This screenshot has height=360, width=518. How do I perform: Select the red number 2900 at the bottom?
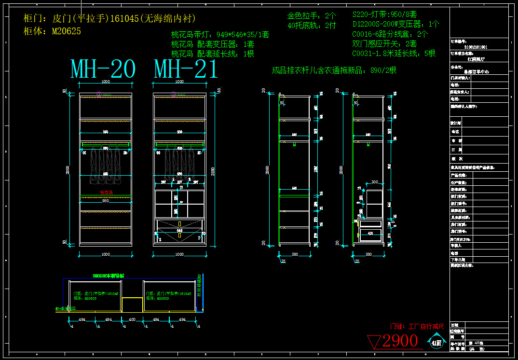[400, 341]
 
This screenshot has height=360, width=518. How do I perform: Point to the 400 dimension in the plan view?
[132, 319]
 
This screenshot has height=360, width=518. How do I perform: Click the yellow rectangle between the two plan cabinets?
[132, 305]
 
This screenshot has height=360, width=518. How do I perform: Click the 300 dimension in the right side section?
[374, 182]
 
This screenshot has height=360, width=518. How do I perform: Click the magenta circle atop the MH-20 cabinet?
[99, 95]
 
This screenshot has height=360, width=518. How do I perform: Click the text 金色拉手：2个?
[312, 15]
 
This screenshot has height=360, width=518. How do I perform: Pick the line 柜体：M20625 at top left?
[52, 31]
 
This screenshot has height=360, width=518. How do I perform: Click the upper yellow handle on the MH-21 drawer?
[179, 224]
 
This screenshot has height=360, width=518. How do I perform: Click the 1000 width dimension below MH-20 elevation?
[105, 254]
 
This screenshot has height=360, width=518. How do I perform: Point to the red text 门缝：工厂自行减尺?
[417, 326]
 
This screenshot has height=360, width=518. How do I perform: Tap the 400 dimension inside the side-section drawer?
[370, 233]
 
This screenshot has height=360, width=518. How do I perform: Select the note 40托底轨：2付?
[312, 25]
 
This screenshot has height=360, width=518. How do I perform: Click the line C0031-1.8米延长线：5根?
[394, 53]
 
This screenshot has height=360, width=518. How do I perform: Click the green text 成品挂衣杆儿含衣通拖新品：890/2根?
[334, 70]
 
